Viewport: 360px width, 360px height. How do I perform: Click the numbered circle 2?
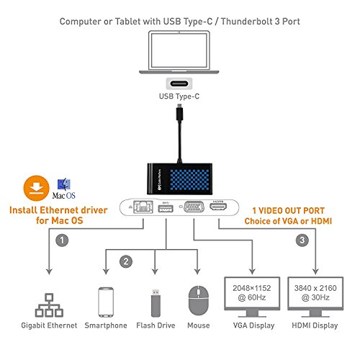(127, 261)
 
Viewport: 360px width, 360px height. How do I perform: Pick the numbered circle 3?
(302, 239)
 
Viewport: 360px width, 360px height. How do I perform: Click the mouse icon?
(197, 302)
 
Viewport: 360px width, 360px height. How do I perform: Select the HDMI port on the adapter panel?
(221, 207)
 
